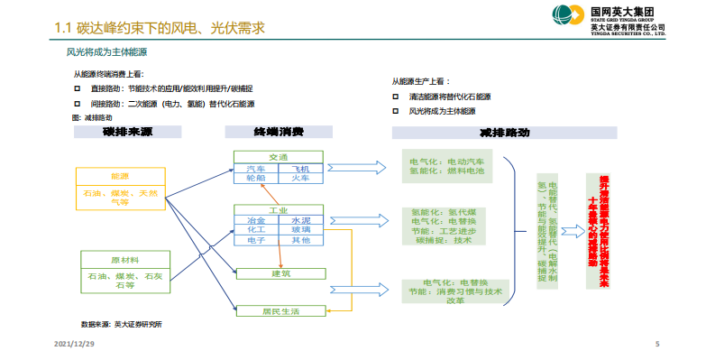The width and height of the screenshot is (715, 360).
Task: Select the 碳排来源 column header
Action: pos(127,133)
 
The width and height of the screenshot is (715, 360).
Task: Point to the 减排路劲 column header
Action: pos(504,133)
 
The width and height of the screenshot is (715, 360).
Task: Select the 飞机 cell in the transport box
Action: pos(299,169)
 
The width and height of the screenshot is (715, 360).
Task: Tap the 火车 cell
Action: pos(299,178)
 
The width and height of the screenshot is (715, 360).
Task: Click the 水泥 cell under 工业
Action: pos(299,220)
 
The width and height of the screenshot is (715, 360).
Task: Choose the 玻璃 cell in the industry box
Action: pos(299,230)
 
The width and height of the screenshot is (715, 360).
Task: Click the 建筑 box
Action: pos(280,273)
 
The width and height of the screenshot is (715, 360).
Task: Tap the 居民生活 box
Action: pos(280,311)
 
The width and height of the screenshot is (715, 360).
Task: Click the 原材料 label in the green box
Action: pos(124,258)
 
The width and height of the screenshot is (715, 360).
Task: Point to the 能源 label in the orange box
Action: pos(120,175)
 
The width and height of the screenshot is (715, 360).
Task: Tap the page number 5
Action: pos(656,345)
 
